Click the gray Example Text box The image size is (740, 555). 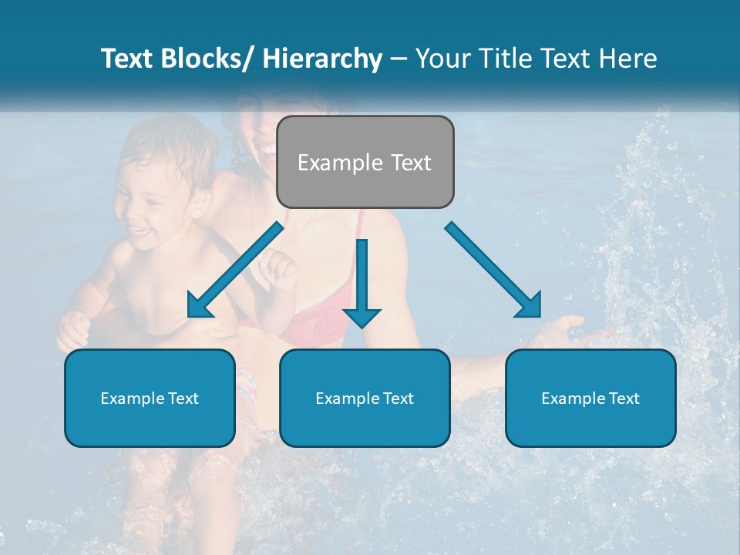pos(365,162)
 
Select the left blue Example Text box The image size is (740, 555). pos(150,398)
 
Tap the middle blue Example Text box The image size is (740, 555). pos(365,398)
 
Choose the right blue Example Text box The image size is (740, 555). pos(590,398)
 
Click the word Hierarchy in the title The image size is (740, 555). pos(322,59)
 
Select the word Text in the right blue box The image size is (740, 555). pos(624,398)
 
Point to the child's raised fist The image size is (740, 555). pos(278,270)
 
